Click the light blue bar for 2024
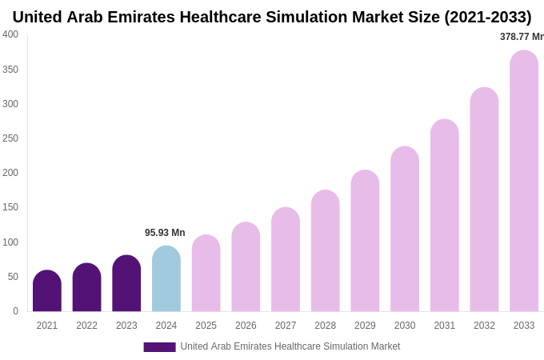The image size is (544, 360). pos(166,279)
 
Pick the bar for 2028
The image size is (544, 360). pos(326,251)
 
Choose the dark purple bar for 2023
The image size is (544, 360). pos(126,284)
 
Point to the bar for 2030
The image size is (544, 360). pos(405,230)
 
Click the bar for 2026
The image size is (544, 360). pos(246,267)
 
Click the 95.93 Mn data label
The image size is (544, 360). pos(165,233)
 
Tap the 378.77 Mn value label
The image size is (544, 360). pos(521,37)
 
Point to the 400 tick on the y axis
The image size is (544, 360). pos(10,34)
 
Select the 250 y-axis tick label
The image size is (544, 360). pos(10,138)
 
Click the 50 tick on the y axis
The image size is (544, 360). pos(13,277)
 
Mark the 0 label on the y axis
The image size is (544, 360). pos(15,311)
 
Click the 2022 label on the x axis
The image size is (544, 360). pos(86,326)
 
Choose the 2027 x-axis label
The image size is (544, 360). pos(286,326)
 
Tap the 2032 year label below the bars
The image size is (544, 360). pos(484,326)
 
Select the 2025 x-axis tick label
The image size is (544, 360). pos(206,326)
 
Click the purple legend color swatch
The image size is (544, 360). pos(159,347)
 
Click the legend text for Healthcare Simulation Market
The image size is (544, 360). pos(290,346)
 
